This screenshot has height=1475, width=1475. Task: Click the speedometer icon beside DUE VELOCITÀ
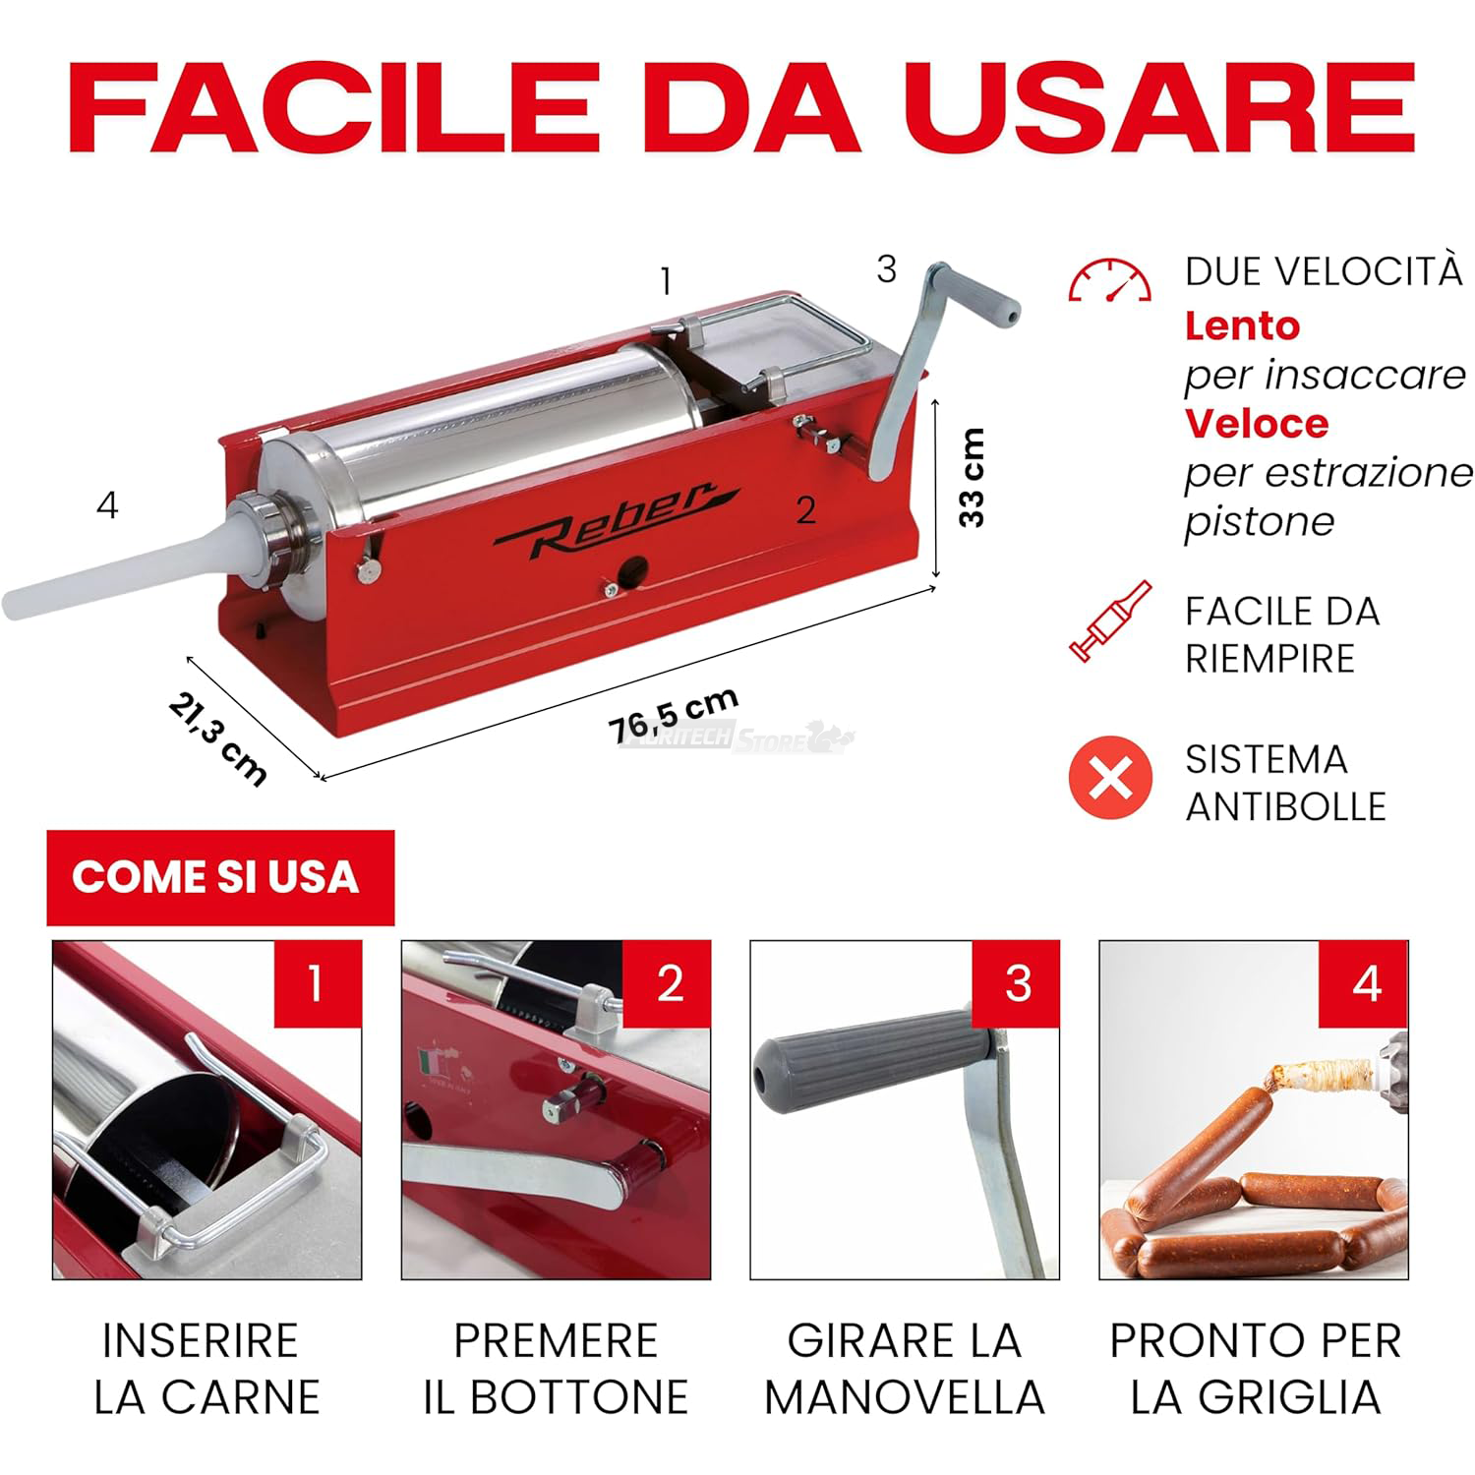point(1109,281)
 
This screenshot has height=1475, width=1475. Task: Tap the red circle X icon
point(1110,778)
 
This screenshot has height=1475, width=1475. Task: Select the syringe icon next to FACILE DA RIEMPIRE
point(1110,621)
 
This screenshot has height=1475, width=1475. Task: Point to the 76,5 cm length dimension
point(674,714)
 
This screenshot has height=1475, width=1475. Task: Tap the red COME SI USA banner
point(220,877)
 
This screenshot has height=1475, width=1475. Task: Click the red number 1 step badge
point(317,983)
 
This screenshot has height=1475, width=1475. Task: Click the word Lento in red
point(1242,325)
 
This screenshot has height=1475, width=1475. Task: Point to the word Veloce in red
point(1256,424)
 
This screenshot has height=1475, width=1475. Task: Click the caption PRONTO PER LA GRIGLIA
point(1255,1369)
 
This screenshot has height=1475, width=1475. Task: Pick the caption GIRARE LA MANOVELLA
point(904,1369)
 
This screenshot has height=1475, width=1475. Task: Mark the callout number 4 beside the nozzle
point(107,505)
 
